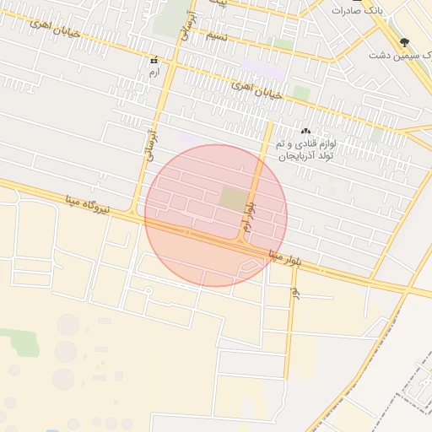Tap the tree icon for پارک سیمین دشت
click(x=405, y=41)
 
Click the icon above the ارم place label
click(x=153, y=62)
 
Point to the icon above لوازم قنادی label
click(x=306, y=131)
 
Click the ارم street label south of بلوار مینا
click(x=294, y=294)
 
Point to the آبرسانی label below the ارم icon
click(x=153, y=143)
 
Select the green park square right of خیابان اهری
click(x=301, y=92)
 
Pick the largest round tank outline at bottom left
click(x=67, y=325)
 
